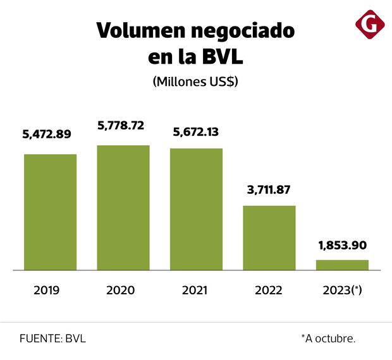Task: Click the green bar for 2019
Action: pos(50,212)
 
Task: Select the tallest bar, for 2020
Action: pos(123,207)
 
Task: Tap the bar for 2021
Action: pos(196,209)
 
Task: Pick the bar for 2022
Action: pos(269,237)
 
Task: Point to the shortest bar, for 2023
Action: pos(342,265)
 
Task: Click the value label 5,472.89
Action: pos(47,134)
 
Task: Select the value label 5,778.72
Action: pos(121,126)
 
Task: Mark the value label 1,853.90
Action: pos(342,245)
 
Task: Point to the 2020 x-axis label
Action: pos(121,291)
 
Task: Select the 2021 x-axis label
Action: pos(195,291)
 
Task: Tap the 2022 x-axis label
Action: pos(269,291)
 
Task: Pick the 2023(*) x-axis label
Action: pos(342,291)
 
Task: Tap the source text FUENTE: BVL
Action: pos(52,339)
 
